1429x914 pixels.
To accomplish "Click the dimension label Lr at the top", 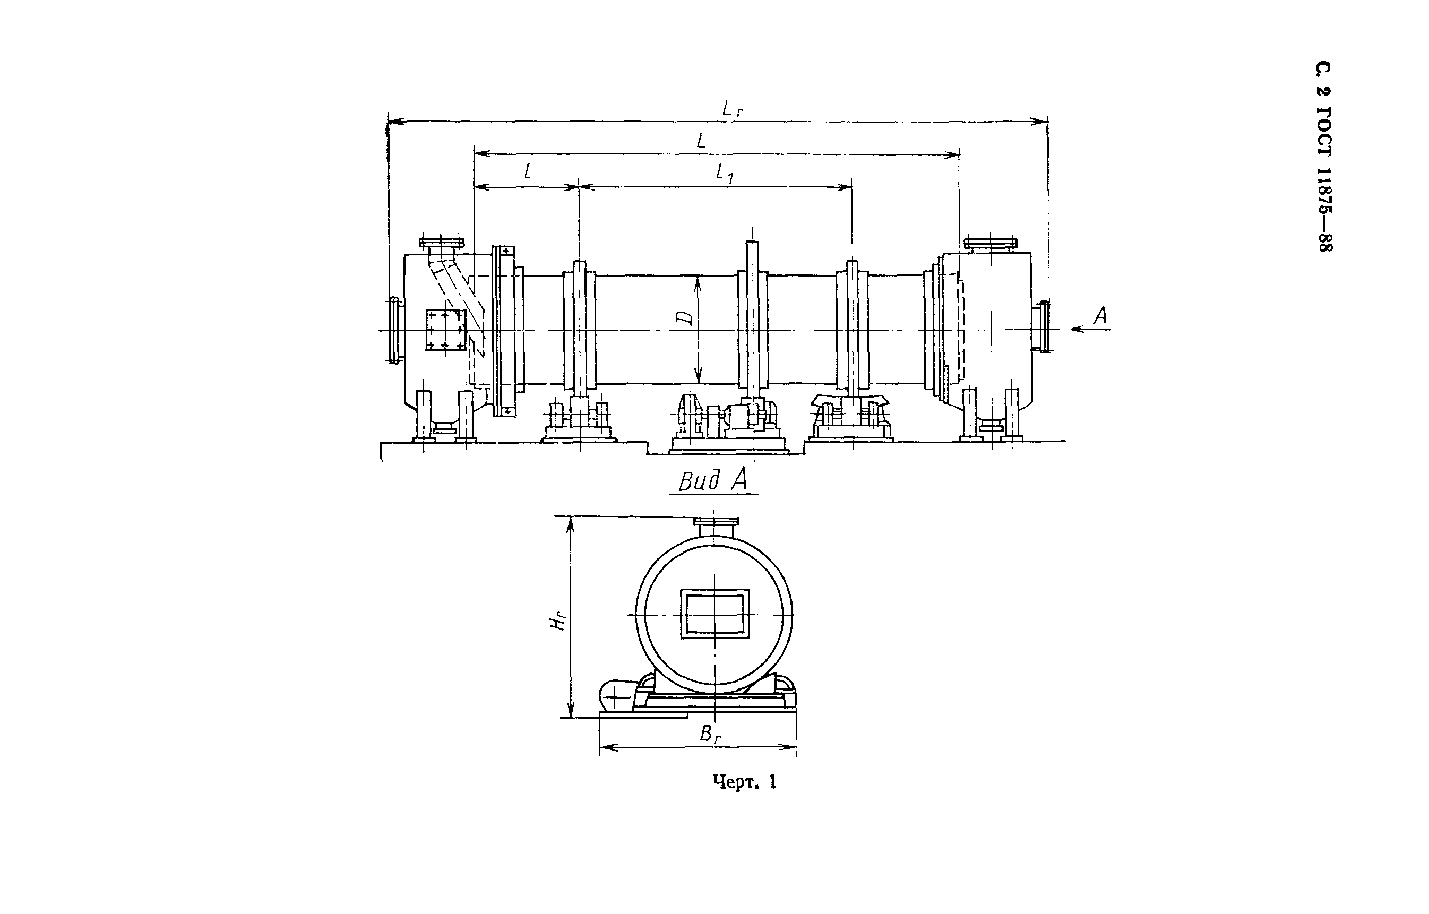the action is click(x=733, y=109).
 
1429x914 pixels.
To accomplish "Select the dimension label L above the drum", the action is click(x=701, y=141).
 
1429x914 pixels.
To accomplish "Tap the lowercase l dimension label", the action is click(x=527, y=171).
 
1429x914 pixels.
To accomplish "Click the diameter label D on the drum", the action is click(x=685, y=318).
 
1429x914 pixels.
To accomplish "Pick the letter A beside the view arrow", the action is click(x=1100, y=315).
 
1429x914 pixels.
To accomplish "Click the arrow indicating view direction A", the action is click(x=1091, y=329).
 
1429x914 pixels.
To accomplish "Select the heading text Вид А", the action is click(x=713, y=480).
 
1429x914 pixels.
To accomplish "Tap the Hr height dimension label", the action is click(x=557, y=622).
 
